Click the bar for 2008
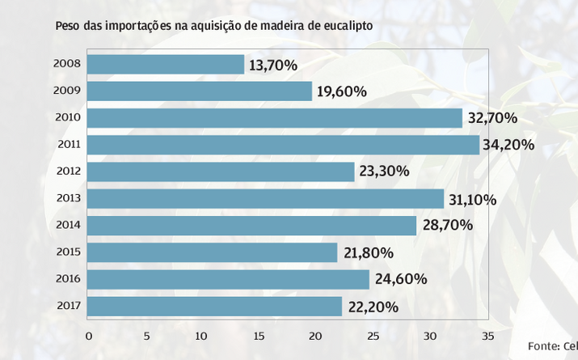coord(165,65)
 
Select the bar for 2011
coord(283,145)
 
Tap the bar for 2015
coord(212,253)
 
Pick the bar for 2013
coord(265,199)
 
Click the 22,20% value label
coord(373,307)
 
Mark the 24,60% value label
coord(400,280)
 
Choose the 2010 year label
coord(67,117)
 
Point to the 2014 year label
coord(67,226)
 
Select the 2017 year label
coord(67,307)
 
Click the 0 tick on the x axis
coord(89,336)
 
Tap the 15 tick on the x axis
coord(259,336)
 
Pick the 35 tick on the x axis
coord(486,336)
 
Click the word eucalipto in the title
coord(344,26)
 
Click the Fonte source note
coord(552,345)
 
